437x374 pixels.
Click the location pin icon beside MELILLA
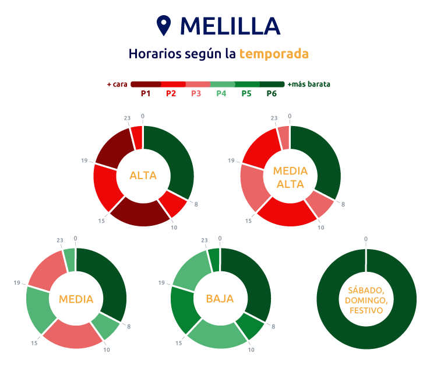click(165, 26)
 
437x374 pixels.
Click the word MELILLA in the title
click(230, 26)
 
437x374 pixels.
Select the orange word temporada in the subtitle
click(274, 54)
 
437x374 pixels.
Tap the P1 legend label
click(146, 93)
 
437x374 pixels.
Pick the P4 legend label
click(221, 93)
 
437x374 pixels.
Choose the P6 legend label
click(272, 93)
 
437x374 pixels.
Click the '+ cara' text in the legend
click(117, 84)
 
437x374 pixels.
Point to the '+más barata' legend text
click(309, 84)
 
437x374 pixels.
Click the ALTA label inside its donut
click(143, 175)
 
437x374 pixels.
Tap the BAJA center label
click(220, 299)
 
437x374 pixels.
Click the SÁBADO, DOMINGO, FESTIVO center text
click(366, 300)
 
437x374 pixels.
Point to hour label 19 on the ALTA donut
click(84, 160)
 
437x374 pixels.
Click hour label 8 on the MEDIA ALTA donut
click(343, 204)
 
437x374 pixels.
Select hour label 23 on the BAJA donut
click(204, 240)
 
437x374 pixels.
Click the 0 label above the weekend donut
click(366, 239)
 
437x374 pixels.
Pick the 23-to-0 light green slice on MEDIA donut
click(69, 260)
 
